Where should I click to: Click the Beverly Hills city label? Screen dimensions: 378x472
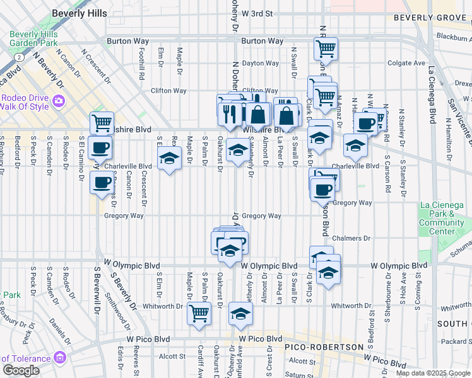80,13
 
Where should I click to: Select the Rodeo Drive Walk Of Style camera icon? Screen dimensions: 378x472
58,101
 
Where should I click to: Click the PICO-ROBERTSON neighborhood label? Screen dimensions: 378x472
324,347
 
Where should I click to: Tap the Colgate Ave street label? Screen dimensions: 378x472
406,63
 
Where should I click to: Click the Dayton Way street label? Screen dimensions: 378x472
261,63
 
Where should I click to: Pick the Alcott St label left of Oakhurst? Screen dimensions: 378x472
173,356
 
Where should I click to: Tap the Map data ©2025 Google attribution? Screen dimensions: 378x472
433,373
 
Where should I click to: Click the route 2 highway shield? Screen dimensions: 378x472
20,57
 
